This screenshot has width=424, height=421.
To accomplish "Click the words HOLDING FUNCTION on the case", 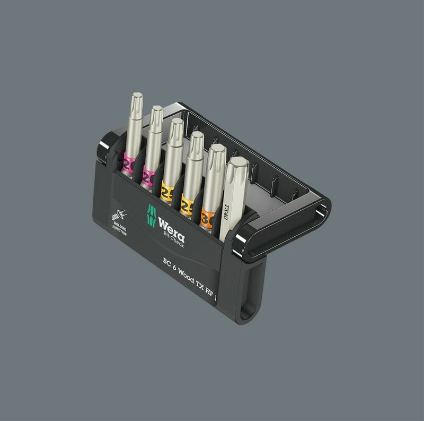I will point(119,229).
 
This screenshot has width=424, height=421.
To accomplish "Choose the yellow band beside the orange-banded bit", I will point(187,205).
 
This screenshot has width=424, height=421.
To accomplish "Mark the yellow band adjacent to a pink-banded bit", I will point(167,191).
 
